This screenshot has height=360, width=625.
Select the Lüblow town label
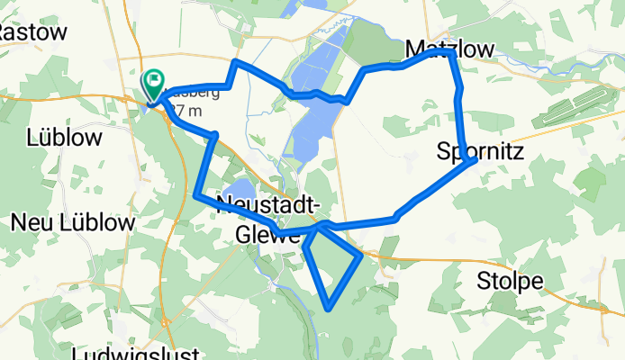tap(64, 138)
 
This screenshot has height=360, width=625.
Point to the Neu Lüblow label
tap(73, 222)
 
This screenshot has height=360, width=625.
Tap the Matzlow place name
tap(449, 48)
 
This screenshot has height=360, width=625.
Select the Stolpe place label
tap(512, 281)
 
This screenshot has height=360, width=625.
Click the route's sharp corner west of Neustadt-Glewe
tap(196, 193)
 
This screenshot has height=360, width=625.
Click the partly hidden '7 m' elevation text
tap(186, 112)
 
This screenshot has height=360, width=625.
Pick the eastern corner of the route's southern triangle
tap(362, 256)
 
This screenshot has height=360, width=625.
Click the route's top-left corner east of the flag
tap(235, 62)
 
